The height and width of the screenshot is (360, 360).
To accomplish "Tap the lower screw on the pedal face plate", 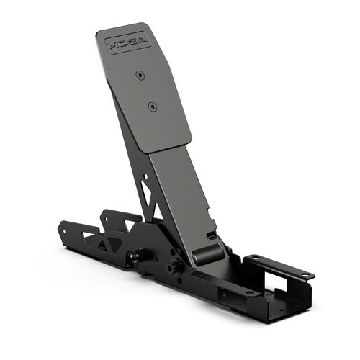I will [152, 107].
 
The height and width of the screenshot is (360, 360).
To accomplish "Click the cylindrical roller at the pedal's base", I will [206, 253].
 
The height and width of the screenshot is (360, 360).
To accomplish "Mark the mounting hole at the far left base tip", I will [63, 232].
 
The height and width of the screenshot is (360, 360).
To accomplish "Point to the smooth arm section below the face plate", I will [184, 194].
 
